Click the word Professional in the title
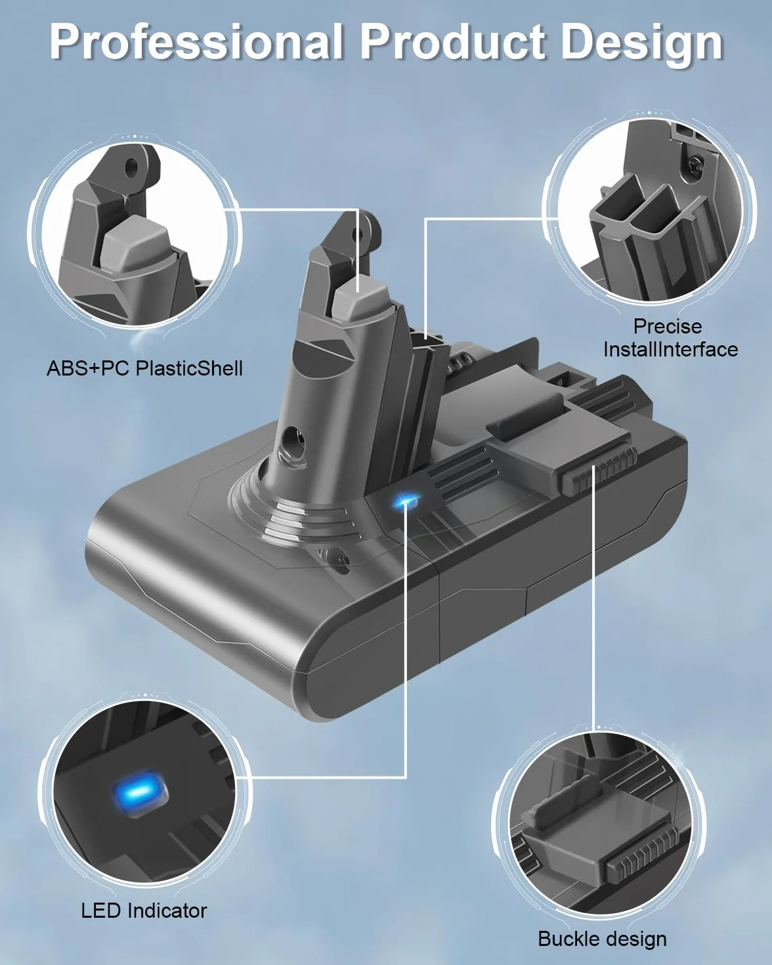196,42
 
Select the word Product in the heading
452,42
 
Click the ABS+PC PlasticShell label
144,368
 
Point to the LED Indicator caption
144,911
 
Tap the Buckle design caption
602,939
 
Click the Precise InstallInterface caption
670,338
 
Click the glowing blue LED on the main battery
406,500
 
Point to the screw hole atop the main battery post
358,233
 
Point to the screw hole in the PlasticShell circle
130,167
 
